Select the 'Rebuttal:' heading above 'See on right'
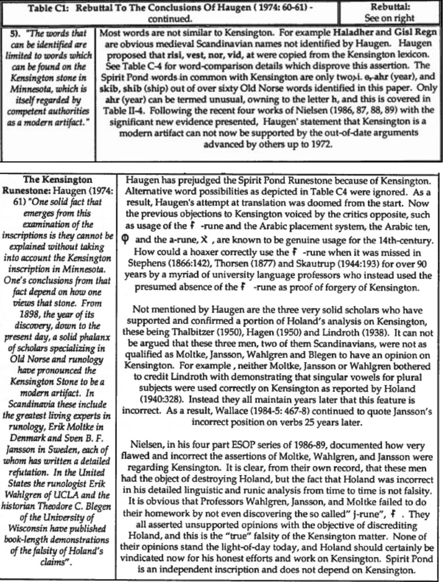click(x=390, y=6)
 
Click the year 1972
click(x=321, y=144)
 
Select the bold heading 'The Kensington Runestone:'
click(x=57, y=185)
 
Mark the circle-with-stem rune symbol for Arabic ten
click(x=125, y=239)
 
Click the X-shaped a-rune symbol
click(x=204, y=239)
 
